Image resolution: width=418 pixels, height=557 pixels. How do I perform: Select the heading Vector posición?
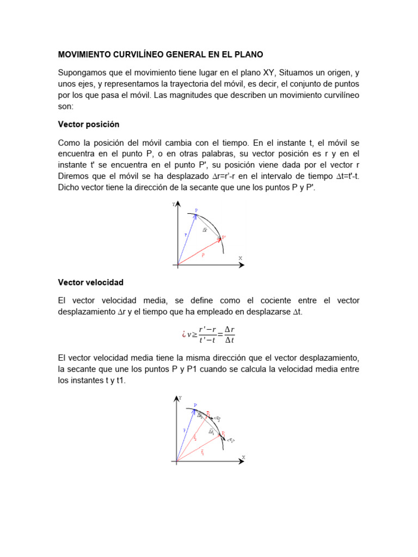[88, 124]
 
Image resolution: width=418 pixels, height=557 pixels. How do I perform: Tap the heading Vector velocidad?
[90, 282]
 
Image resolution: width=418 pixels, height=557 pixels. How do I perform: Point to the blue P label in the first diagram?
[196, 210]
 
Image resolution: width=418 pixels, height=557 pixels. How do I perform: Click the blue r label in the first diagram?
[186, 234]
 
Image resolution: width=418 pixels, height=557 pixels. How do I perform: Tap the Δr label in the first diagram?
[205, 230]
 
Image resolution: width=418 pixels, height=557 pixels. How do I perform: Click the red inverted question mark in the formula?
[183, 335]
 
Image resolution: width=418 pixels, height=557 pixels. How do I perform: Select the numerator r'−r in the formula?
[208, 329]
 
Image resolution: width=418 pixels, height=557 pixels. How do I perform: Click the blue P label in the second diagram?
[195, 405]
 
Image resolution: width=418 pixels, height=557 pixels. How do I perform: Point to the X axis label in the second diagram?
[243, 457]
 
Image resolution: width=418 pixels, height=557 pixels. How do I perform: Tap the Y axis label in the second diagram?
[180, 398]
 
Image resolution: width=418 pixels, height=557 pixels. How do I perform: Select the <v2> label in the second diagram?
[217, 418]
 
